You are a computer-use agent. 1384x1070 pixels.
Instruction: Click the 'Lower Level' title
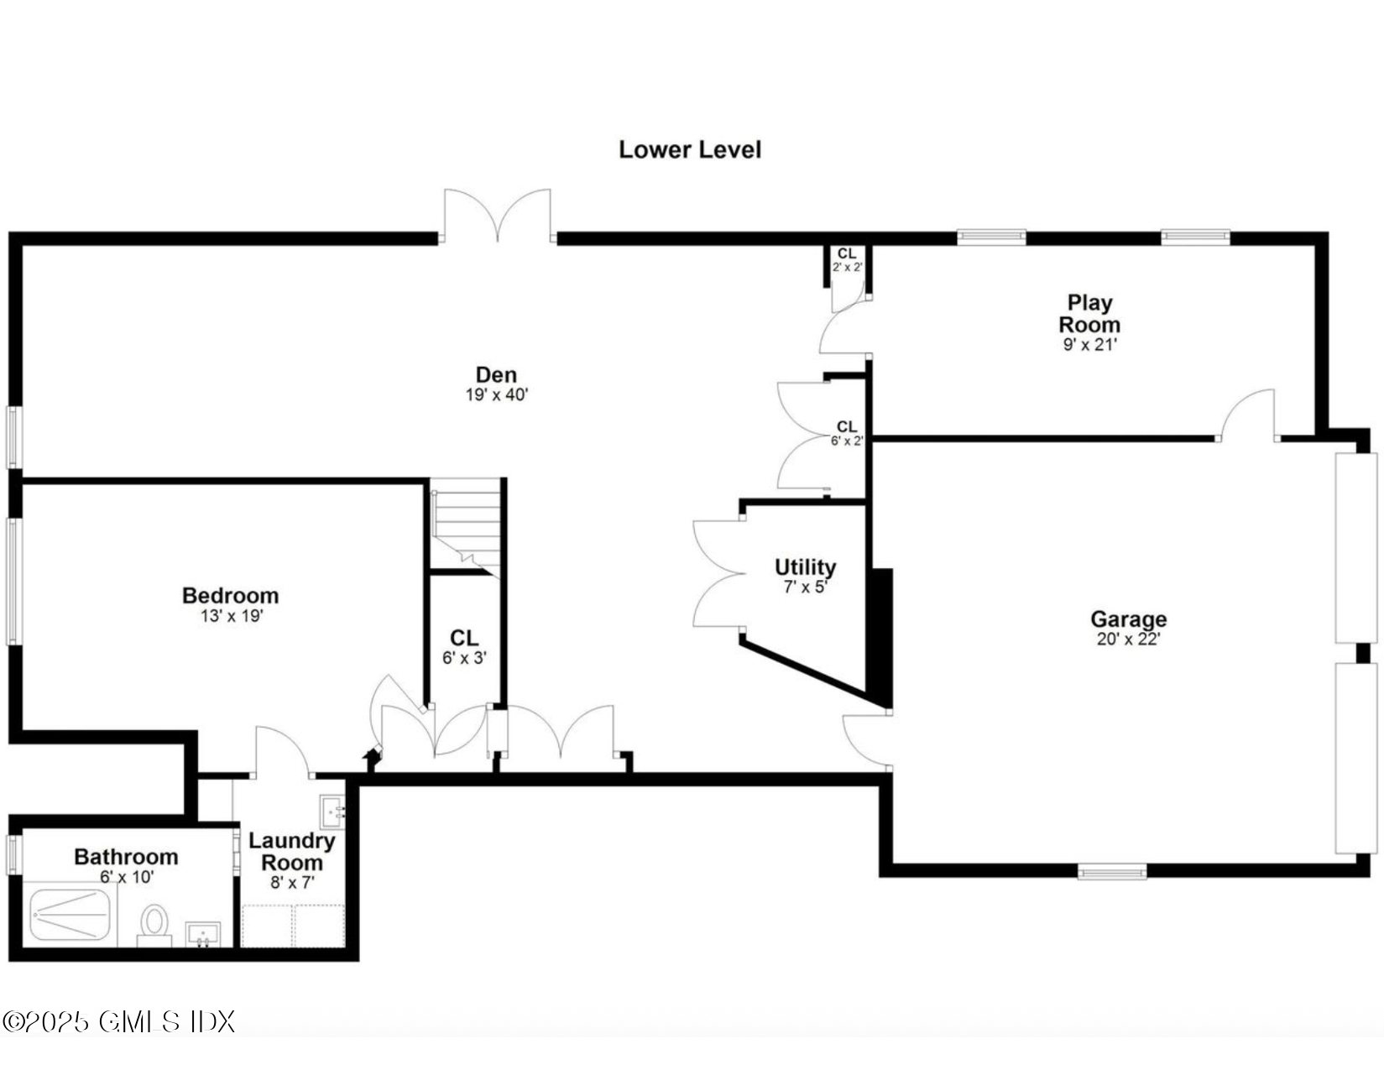click(x=689, y=149)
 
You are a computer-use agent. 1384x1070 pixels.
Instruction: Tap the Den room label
click(x=496, y=375)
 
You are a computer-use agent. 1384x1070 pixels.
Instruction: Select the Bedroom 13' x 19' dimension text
click(x=232, y=616)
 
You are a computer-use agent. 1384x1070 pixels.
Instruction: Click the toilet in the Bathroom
click(x=154, y=923)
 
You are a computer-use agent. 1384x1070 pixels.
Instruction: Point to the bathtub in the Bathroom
click(x=71, y=916)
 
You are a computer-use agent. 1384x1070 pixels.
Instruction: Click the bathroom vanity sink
click(x=202, y=933)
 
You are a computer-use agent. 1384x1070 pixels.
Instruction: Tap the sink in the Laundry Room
click(x=332, y=812)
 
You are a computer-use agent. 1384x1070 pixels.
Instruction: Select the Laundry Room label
click(x=291, y=851)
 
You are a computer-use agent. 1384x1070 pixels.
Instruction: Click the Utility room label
click(x=805, y=566)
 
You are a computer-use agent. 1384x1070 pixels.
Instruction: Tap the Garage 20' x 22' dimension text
click(x=1128, y=639)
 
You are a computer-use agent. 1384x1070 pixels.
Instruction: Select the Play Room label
click(x=1089, y=313)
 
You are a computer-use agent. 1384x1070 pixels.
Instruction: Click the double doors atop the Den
click(x=498, y=217)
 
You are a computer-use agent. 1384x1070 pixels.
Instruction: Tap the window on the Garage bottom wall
click(x=1112, y=872)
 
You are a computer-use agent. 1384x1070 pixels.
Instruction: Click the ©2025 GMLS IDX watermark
click(x=118, y=1021)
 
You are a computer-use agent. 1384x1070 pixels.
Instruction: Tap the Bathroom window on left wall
click(x=13, y=854)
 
